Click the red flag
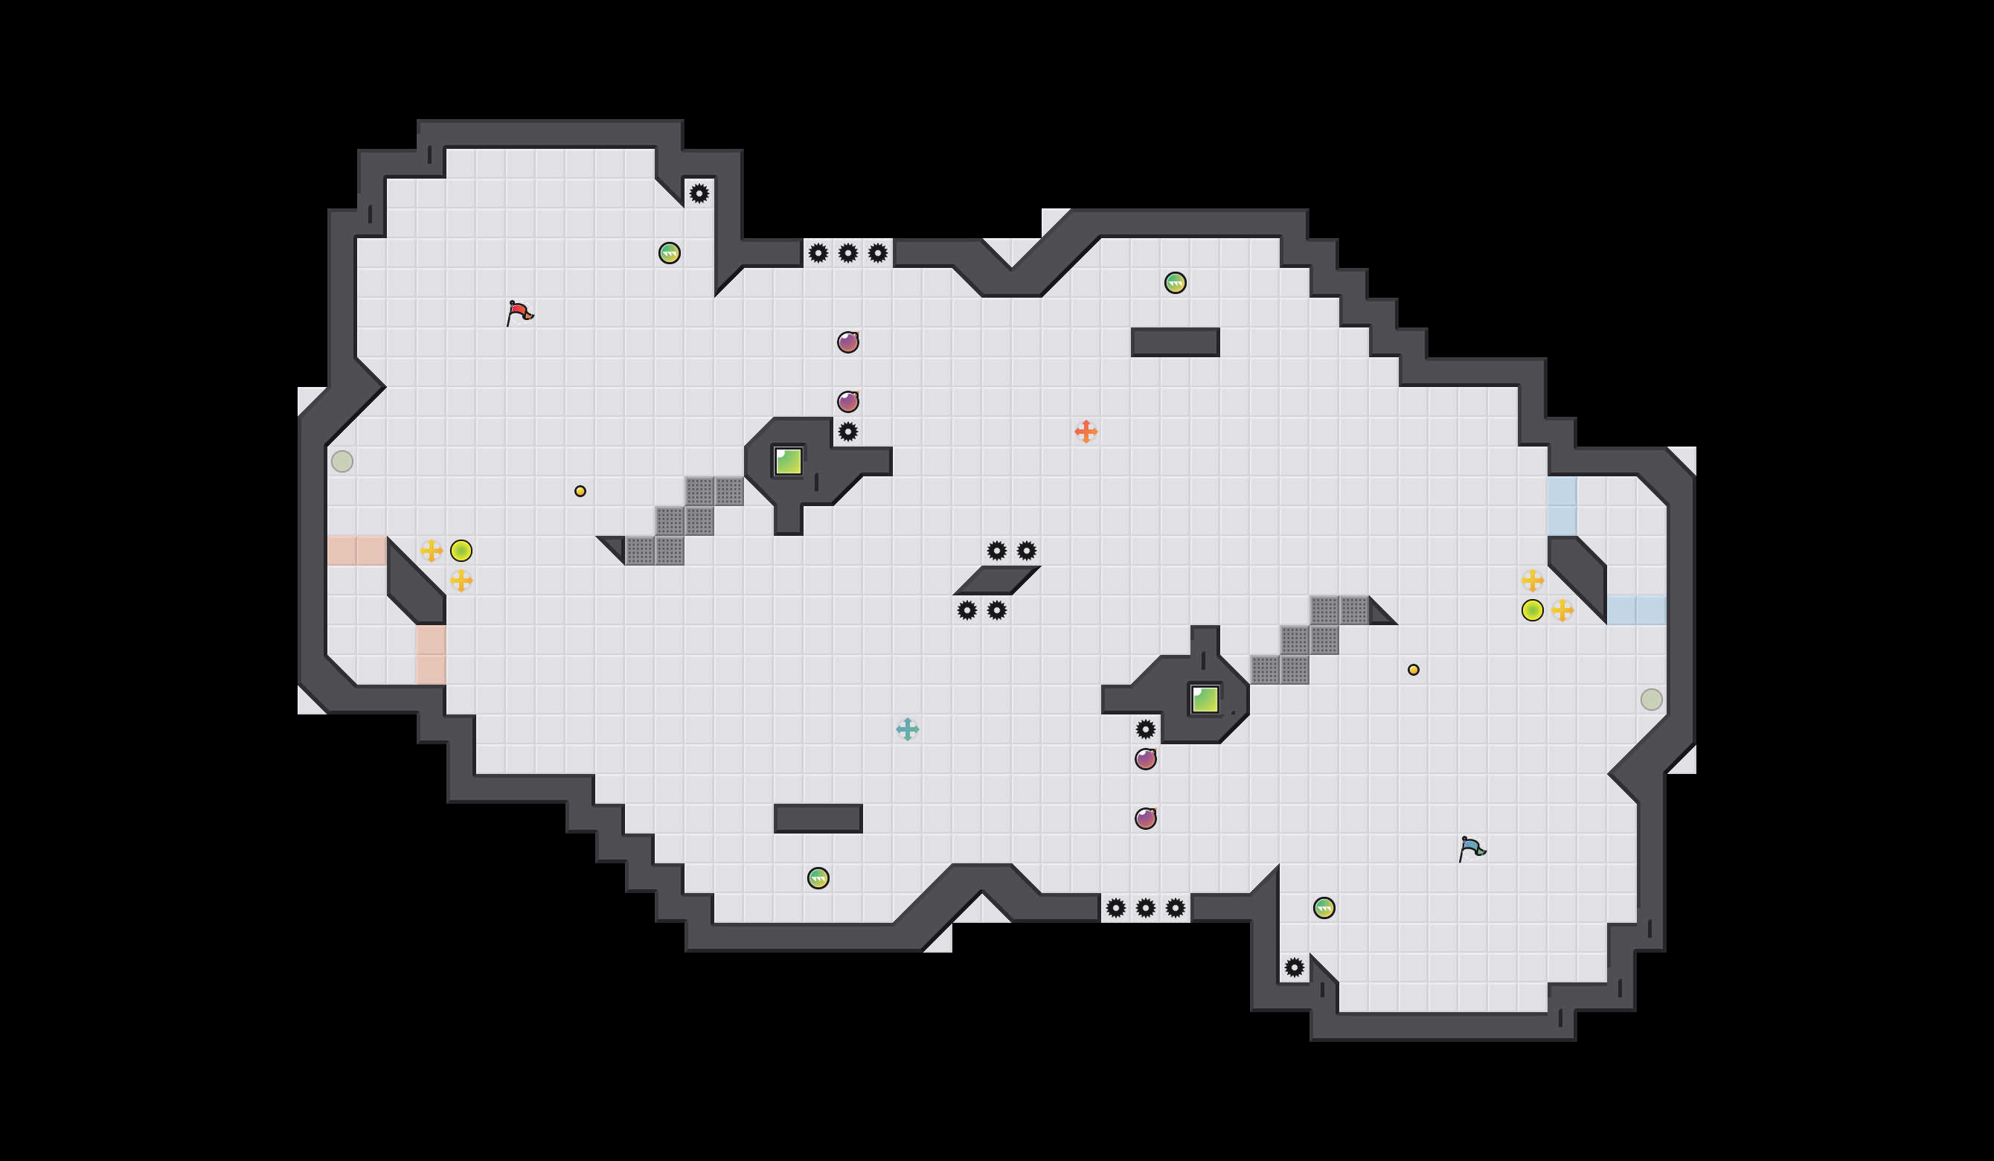point(519,313)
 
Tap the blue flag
point(1471,848)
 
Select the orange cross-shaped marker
point(1086,432)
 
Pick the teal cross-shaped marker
point(908,729)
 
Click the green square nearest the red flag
point(788,461)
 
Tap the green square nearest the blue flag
point(1205,700)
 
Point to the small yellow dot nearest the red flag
point(580,491)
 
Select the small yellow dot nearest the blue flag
point(1413,671)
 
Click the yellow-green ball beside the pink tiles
point(461,550)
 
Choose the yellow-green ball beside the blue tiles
point(1532,610)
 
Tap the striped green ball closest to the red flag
point(670,253)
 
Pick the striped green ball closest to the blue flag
point(1324,908)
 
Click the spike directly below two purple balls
point(847,432)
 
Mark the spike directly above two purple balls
point(1146,729)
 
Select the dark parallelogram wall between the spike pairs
point(996,580)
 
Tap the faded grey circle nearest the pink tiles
point(342,461)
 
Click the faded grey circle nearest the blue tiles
point(1652,700)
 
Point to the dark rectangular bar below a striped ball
point(1175,342)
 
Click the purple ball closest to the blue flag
point(1146,819)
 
